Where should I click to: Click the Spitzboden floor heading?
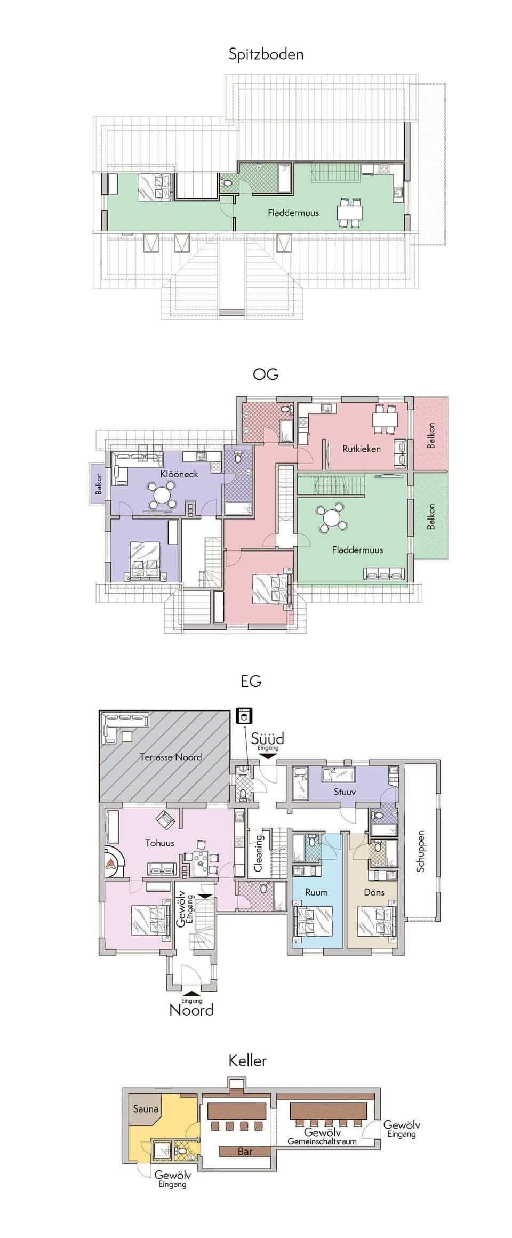pyautogui.click(x=266, y=54)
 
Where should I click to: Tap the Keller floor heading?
pyautogui.click(x=247, y=1060)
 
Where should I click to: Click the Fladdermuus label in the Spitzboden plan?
pyautogui.click(x=293, y=213)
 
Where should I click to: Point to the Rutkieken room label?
pyautogui.click(x=362, y=449)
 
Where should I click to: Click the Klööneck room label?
pyautogui.click(x=179, y=474)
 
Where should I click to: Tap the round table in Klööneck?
pyautogui.click(x=161, y=496)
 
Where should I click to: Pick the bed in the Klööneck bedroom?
pyautogui.click(x=144, y=560)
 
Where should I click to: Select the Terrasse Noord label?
pyautogui.click(x=171, y=757)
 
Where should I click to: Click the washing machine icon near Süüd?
pyautogui.click(x=245, y=716)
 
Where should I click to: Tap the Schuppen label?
pyautogui.click(x=421, y=851)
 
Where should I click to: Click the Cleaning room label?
pyautogui.click(x=259, y=853)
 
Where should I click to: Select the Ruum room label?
pyautogui.click(x=316, y=892)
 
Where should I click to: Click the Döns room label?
pyautogui.click(x=374, y=892)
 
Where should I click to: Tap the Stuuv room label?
pyautogui.click(x=345, y=792)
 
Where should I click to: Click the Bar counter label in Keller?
pyautogui.click(x=245, y=1152)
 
